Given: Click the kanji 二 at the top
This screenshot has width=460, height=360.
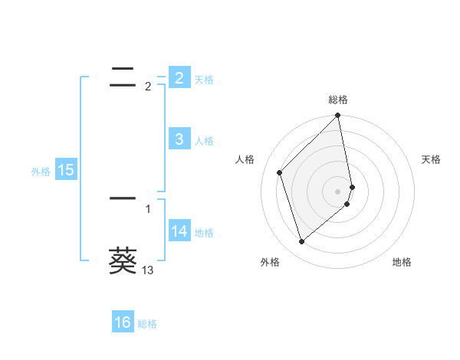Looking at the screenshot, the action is coord(123,75).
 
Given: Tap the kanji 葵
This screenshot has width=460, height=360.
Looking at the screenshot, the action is coord(123,260).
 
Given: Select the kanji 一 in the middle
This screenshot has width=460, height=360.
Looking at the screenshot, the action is coord(123,198).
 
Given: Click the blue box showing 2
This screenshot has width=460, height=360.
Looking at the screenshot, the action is coord(179,77).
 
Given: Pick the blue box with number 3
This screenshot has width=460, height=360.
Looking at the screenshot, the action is coord(179,139).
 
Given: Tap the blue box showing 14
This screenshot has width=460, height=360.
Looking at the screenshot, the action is coord(179,231).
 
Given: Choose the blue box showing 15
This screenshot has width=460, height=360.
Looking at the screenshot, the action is coord(66,170).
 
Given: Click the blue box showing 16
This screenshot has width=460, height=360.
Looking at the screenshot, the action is coord(123,322).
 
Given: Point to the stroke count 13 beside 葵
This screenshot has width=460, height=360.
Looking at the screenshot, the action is coord(148,270).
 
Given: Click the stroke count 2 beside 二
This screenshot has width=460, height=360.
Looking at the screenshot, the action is coord(148,87).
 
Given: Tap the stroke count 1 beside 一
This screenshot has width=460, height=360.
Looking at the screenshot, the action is coord(148,208).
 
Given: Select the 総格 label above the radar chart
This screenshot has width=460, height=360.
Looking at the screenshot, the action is coord(338,100).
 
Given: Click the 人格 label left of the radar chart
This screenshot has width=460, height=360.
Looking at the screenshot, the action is coord(245,159).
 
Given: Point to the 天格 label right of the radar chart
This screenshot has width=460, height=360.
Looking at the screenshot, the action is coord(431,159).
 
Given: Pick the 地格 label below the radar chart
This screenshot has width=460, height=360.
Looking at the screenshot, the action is coord(402,262).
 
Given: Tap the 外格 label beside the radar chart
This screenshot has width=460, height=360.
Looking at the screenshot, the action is coord(270,262).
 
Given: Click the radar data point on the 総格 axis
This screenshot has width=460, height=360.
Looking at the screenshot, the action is coord(338,116).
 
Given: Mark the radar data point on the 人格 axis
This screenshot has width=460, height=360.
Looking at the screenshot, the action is coord(280,172).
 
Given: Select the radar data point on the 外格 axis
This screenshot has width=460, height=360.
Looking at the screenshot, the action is coord(302,241).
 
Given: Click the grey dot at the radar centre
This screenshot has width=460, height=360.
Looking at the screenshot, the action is coord(338,191).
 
